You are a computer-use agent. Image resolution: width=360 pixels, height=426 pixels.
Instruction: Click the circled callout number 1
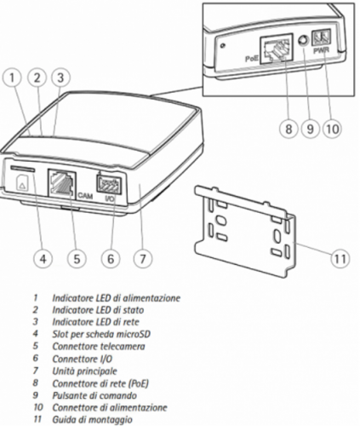[x=12, y=78]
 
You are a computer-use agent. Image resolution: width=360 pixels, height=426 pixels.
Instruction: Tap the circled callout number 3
[x=60, y=78]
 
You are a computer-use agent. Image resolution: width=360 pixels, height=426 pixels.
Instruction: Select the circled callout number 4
[x=43, y=259]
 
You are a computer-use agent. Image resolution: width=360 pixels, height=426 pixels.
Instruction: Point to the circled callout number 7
[x=143, y=259]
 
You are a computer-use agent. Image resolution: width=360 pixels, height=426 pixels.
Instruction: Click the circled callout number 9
[x=310, y=129]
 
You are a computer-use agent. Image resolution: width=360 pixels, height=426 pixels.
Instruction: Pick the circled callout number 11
[x=340, y=259]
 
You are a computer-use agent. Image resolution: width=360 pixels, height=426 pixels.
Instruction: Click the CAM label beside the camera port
[x=85, y=196]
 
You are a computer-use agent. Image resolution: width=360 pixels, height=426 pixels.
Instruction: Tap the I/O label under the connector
[x=110, y=199]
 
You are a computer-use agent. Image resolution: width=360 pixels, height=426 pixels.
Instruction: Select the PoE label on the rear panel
[x=252, y=59]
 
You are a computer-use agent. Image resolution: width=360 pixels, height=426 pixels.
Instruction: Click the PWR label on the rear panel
[x=321, y=51]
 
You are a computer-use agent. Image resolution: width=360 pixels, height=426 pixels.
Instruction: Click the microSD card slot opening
[x=23, y=170]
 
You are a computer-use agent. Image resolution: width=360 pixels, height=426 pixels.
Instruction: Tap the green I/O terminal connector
[x=109, y=185]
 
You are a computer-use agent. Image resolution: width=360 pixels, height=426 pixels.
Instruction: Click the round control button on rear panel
[x=303, y=40]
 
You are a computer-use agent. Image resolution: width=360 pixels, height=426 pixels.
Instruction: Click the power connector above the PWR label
[x=321, y=37]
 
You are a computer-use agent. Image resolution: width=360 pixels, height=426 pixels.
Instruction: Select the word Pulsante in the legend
[x=69, y=395]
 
